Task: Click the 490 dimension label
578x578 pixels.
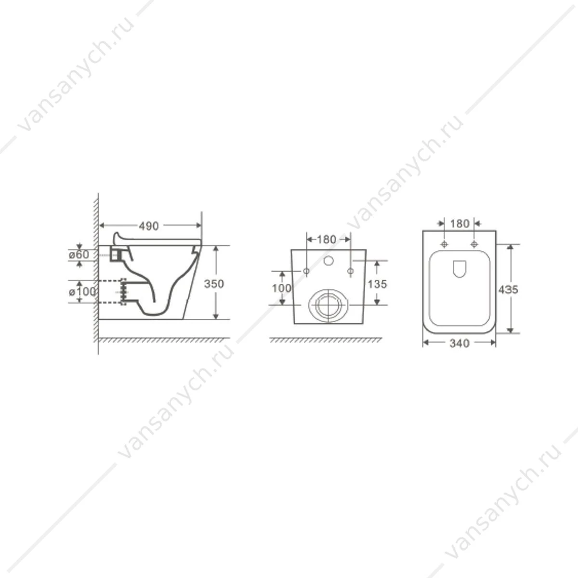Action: click(x=149, y=226)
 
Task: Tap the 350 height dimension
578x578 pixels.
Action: click(x=214, y=284)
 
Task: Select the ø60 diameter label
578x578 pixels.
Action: click(x=79, y=255)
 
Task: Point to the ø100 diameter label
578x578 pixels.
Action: click(x=82, y=291)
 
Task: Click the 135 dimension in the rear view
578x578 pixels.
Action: click(x=377, y=284)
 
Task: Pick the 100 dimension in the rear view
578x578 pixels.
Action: click(x=281, y=288)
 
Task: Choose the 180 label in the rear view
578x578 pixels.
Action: click(x=327, y=239)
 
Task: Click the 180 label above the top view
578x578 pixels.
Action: click(x=460, y=223)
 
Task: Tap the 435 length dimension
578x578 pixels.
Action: click(x=508, y=289)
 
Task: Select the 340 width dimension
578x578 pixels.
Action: click(x=459, y=343)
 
